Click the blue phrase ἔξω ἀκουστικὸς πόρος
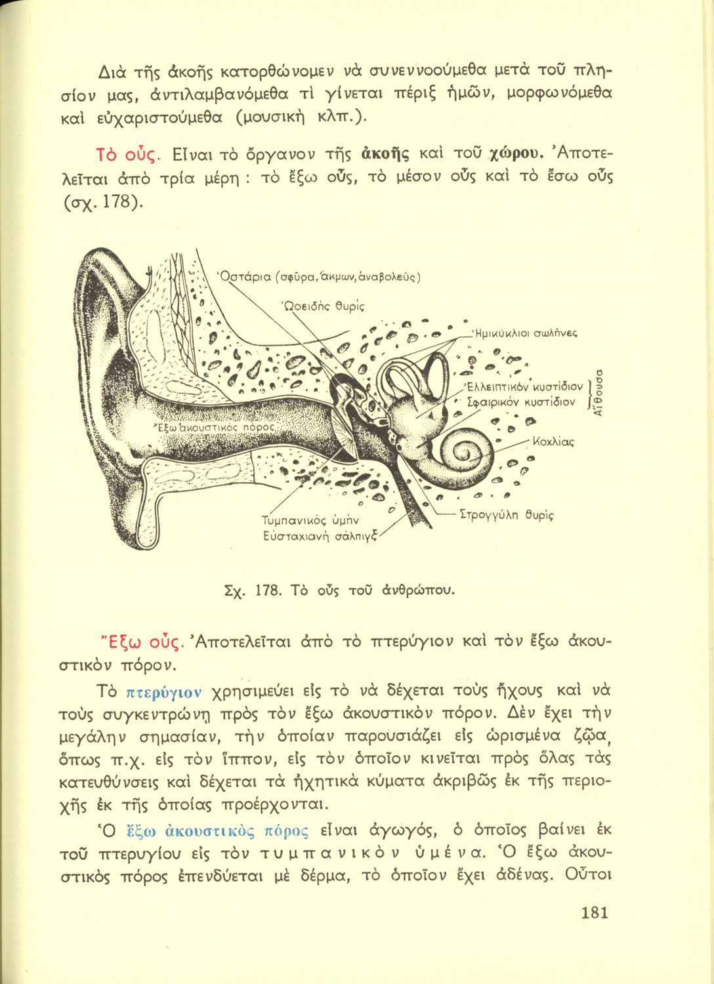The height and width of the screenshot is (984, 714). (x=216, y=832)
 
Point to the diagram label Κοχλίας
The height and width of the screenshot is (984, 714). (x=554, y=442)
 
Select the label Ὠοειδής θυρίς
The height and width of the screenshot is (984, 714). (x=322, y=305)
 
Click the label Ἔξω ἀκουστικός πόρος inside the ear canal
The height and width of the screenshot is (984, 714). (x=207, y=426)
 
